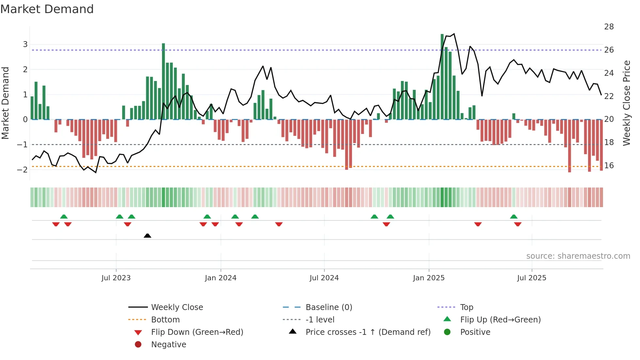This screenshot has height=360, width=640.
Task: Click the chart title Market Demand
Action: click(x=47, y=9)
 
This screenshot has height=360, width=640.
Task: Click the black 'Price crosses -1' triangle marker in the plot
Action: click(x=147, y=236)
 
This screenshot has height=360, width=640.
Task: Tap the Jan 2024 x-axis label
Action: click(x=220, y=278)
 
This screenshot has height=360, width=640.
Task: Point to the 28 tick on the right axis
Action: click(x=609, y=27)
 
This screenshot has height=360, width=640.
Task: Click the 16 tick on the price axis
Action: click(x=609, y=166)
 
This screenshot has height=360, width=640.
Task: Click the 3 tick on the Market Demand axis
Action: click(x=25, y=44)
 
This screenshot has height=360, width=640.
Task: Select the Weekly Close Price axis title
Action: click(x=626, y=103)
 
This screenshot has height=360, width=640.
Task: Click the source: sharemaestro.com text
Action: click(x=578, y=256)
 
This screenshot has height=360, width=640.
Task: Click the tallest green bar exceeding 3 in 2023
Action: click(x=163, y=82)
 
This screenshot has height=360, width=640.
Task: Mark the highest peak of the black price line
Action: click(x=454, y=34)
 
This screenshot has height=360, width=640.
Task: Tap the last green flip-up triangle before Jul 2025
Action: click(x=514, y=217)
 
